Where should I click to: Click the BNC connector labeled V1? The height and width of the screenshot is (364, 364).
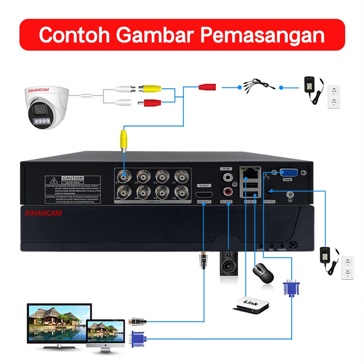click(181, 176)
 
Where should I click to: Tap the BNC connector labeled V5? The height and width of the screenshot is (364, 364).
click(143, 176)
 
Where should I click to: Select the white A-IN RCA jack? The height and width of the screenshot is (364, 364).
click(226, 176)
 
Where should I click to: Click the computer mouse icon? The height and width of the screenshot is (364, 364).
click(263, 273)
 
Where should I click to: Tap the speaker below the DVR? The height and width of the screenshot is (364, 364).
click(228, 263)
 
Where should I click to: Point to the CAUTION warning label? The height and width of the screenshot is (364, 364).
click(73, 190)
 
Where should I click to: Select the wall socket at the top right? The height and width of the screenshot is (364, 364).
click(334, 96)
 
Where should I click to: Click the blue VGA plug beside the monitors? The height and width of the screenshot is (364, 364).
click(138, 338)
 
